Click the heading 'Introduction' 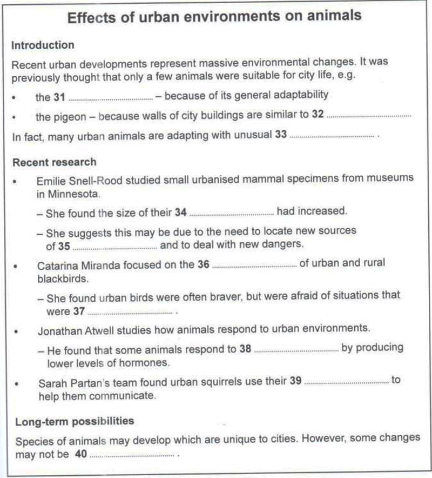pyautogui.click(x=43, y=45)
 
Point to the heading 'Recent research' pyautogui.click(x=54, y=162)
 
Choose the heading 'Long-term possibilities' pyautogui.click(x=75, y=420)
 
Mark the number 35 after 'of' pyautogui.click(x=64, y=244)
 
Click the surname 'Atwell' pyautogui.click(x=102, y=329)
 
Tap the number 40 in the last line pyautogui.click(x=81, y=455)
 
